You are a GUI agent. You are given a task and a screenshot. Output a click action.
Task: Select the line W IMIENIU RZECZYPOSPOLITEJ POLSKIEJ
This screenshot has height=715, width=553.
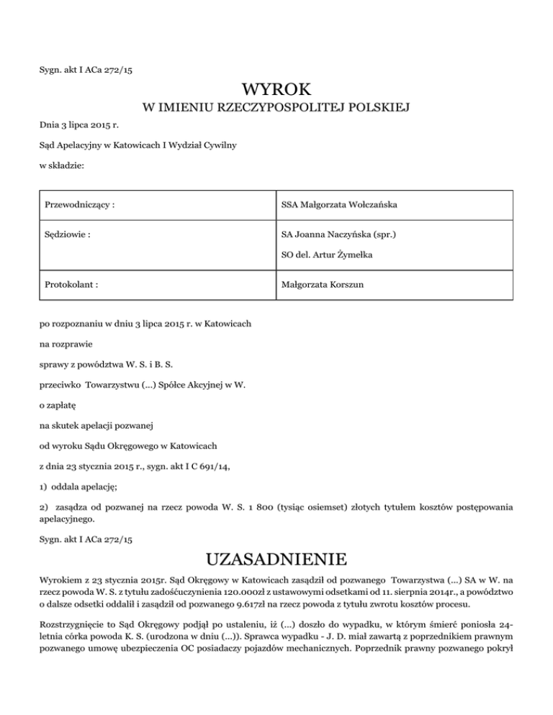(276, 109)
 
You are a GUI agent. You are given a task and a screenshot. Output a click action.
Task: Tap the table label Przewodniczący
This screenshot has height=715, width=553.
(79, 206)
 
